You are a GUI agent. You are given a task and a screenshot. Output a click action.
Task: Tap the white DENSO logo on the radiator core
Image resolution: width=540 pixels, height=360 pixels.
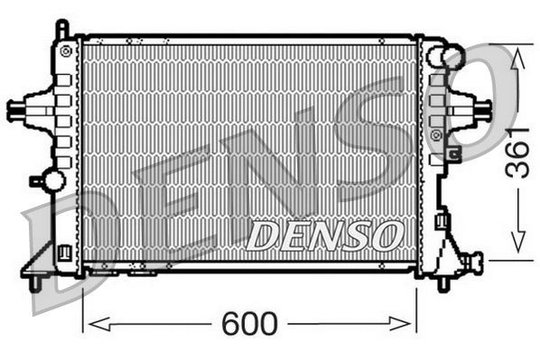[x=322, y=235]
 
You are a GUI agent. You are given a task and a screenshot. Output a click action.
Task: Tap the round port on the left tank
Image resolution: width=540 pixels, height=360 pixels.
[x=53, y=180]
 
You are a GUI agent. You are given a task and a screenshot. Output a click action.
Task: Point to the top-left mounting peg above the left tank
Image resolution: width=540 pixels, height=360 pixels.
[x=61, y=29]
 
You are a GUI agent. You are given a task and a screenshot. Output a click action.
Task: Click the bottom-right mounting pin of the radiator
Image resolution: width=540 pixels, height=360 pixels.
[x=442, y=284]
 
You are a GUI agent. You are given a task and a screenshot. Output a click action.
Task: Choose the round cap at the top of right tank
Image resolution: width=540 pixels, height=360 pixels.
[x=452, y=57]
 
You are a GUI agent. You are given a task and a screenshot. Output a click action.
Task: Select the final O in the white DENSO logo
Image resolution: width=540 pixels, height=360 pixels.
[x=385, y=235]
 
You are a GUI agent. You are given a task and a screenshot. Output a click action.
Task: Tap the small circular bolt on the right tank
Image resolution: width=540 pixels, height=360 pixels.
[x=437, y=135]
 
